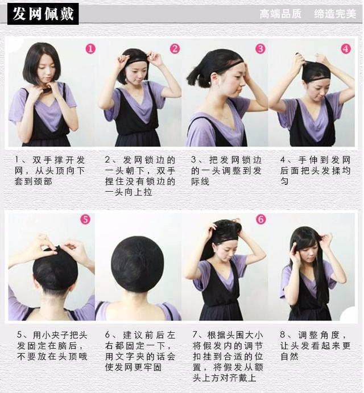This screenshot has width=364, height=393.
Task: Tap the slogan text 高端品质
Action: click(280, 14)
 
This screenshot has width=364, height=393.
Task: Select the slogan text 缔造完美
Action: click(334, 14)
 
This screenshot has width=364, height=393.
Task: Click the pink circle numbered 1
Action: click(90, 49)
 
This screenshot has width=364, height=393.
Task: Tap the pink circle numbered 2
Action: click(175, 49)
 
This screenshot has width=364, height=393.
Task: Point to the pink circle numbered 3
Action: click(260, 49)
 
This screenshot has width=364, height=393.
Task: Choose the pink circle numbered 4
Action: click(346, 49)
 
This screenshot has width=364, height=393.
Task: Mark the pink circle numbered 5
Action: click(85, 219)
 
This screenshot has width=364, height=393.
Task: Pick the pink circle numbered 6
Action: click(260, 219)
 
